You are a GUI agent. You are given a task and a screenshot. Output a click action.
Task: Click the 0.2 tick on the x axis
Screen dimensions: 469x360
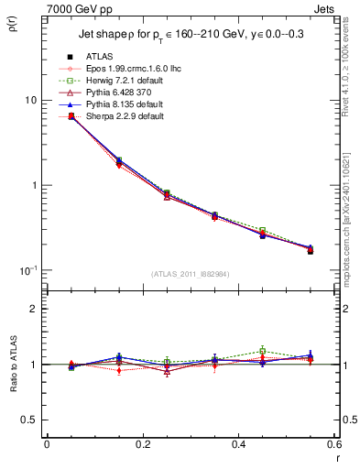142,445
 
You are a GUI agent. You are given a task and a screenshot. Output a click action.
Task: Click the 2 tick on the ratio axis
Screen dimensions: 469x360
33,309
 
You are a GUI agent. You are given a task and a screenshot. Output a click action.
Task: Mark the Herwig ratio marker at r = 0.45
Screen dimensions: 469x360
262,351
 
